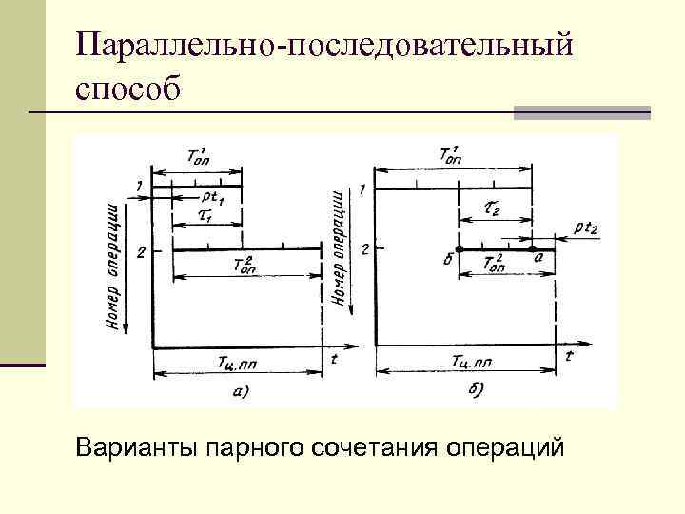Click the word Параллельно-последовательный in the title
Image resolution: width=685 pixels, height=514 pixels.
pos(324,46)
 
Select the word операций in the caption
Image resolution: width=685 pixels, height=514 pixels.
pos(503,445)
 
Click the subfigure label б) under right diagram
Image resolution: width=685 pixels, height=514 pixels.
pos(477,388)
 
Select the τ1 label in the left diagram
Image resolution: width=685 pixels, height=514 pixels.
pos(205,216)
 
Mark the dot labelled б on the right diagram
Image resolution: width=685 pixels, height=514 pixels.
pos(460,249)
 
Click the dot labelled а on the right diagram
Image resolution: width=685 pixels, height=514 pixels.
pos(532,249)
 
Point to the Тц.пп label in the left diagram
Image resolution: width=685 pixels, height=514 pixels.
pos(237,362)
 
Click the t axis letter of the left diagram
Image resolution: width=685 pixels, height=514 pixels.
pos(334,359)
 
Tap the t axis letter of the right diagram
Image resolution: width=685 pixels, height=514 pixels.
pos(568,357)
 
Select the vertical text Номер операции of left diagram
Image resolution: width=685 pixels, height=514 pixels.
pos(114,267)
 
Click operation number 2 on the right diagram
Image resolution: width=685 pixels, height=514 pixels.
pos(365,249)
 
